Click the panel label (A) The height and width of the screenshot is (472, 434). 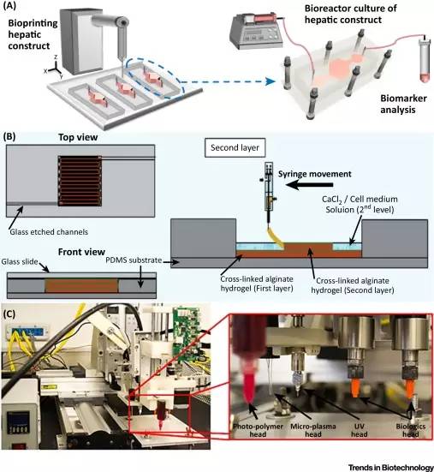tap(9, 6)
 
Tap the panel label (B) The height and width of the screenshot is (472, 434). tap(9, 137)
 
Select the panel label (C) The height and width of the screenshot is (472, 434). tap(9, 314)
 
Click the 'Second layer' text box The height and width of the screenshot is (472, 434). tap(235, 148)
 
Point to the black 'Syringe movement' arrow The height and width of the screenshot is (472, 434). tap(309, 185)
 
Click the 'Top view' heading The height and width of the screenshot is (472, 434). tap(78, 137)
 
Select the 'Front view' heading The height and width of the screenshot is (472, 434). tap(81, 252)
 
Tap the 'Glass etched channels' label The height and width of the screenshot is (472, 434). tap(49, 232)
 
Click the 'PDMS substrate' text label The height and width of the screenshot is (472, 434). tap(134, 260)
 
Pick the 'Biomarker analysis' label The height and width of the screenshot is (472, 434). tap(403, 104)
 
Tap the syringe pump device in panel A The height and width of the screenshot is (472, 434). tap(257, 32)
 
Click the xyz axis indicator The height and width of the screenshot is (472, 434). tap(54, 69)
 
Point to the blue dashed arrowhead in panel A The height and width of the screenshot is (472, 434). tap(271, 81)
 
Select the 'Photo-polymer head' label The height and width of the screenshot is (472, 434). tap(258, 430)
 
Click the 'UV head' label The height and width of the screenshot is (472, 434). tap(360, 430)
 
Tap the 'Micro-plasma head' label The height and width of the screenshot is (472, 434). tap(312, 430)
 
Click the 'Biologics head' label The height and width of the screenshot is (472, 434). tap(411, 430)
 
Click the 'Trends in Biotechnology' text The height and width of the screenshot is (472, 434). tap(390, 467)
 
